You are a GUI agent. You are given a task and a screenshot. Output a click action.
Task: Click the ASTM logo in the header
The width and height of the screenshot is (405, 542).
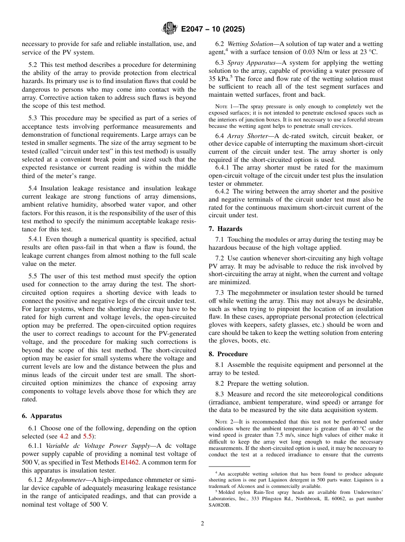(170, 29)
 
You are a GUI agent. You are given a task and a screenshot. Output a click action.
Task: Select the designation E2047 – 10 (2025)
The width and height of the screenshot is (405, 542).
(213, 29)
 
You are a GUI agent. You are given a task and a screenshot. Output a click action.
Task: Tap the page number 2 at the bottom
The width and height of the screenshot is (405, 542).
(202, 524)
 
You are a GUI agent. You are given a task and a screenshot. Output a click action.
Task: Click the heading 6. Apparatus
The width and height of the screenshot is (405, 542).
(42, 416)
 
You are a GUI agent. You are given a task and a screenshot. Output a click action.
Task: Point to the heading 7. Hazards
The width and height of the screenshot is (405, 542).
(226, 229)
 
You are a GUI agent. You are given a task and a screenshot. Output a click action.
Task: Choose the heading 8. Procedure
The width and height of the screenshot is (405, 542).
(228, 354)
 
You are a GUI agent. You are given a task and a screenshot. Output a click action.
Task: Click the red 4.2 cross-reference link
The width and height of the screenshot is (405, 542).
(64, 436)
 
